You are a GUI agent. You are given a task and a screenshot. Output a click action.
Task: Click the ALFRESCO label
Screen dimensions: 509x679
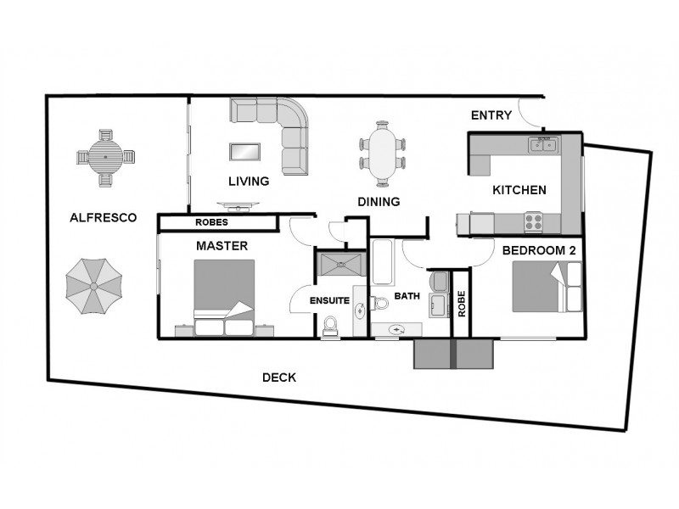click(x=103, y=218)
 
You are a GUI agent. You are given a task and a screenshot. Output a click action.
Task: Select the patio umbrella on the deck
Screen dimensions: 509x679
click(x=93, y=286)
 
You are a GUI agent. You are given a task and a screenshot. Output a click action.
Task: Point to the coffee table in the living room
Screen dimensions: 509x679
click(x=245, y=152)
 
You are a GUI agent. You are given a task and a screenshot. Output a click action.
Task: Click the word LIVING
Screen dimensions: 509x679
click(x=248, y=181)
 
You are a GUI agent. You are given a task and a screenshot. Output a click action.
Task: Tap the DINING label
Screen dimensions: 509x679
click(x=379, y=201)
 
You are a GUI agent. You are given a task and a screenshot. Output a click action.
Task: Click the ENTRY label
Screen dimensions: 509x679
click(x=491, y=115)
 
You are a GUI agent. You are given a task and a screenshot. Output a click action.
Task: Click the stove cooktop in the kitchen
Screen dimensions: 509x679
click(x=535, y=221)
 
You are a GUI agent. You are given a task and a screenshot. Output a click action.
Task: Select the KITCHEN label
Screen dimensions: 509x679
click(x=519, y=190)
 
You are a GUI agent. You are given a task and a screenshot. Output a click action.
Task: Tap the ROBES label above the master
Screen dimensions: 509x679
click(x=210, y=223)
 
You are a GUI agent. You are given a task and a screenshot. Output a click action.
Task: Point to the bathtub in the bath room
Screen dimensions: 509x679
click(x=382, y=264)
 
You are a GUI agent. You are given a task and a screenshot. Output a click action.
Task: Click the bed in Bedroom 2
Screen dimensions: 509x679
click(x=547, y=288)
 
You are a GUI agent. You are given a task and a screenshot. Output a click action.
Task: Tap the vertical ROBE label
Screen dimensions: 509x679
click(x=462, y=303)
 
